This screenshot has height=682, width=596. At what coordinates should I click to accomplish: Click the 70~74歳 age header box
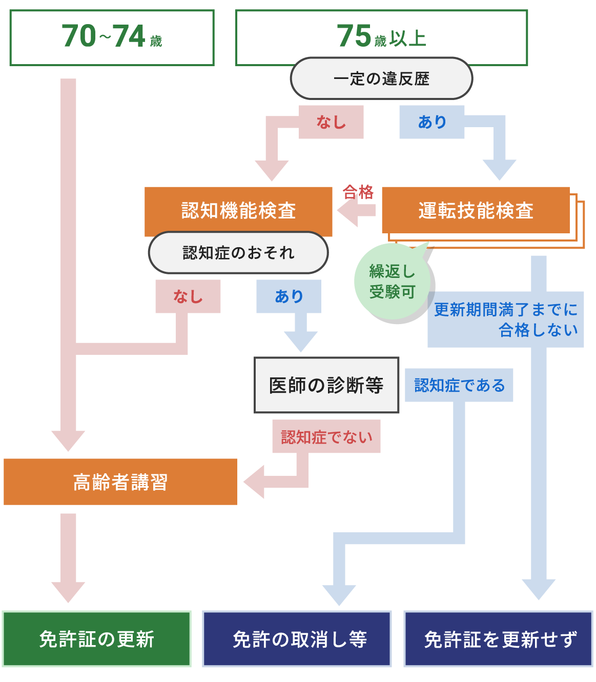click(112, 37)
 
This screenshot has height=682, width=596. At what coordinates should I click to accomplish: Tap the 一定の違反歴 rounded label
click(381, 78)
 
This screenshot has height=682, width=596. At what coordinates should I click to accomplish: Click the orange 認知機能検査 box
click(238, 211)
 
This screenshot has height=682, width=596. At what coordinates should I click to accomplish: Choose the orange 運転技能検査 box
click(476, 210)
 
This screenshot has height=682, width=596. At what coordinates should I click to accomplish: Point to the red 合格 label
click(358, 192)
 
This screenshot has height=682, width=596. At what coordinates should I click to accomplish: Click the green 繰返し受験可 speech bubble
click(392, 282)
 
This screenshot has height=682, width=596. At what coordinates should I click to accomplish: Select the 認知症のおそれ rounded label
click(238, 253)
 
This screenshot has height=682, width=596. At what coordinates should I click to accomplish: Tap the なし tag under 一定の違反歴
click(331, 122)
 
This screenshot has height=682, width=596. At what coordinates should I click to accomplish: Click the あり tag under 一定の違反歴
click(432, 122)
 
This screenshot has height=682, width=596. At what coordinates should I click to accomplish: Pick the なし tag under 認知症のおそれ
click(188, 296)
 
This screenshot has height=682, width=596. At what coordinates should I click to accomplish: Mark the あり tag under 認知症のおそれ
click(289, 296)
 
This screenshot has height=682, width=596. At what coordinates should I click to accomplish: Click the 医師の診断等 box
click(326, 385)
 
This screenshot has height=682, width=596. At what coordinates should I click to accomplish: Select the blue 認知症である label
click(459, 385)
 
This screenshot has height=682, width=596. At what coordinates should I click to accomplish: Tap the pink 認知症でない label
click(326, 437)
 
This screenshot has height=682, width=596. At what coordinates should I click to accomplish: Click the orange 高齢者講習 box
click(120, 482)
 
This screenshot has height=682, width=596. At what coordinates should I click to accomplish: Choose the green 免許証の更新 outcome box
click(97, 639)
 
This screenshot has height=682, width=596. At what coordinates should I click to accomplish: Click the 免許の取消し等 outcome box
click(297, 639)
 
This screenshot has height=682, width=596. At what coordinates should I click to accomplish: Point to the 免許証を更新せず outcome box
click(499, 639)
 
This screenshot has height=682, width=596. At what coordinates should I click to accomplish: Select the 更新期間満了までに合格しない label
click(506, 319)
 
